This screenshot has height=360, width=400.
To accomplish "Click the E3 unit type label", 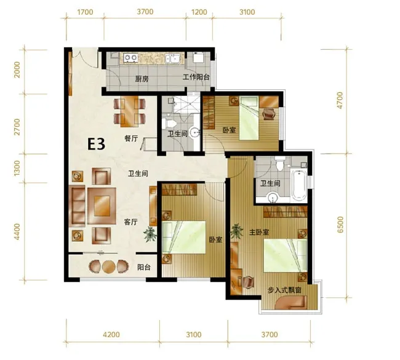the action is pos(96,145).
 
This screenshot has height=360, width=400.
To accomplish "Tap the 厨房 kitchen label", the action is pos(142,79).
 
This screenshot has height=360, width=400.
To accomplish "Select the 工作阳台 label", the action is pos(196,77).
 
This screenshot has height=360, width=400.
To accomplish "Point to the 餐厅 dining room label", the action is pos(131,138).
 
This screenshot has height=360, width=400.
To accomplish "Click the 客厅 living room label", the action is pos(131,222).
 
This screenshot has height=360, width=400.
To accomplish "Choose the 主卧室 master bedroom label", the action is pos(259,232).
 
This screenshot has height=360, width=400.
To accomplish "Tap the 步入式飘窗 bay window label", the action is pos(284,290).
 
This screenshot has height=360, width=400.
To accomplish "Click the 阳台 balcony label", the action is pos(144,268).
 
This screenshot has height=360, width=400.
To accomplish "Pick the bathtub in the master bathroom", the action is pos(299,185).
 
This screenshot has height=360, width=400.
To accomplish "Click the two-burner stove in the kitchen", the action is pos(131,58).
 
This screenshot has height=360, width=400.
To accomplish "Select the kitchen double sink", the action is pos(172,58).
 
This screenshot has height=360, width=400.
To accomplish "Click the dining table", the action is pos(129,111).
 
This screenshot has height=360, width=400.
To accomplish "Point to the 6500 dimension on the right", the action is pos(340,225).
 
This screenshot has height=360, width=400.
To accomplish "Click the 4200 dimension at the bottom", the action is pos(111,334).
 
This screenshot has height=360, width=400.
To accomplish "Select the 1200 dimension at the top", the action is pos(199,12).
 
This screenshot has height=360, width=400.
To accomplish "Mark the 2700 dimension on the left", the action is pos(17,127).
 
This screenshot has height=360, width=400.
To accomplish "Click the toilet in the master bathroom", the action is pos(280,164).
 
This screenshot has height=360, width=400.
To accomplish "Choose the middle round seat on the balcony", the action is pos(109,266).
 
